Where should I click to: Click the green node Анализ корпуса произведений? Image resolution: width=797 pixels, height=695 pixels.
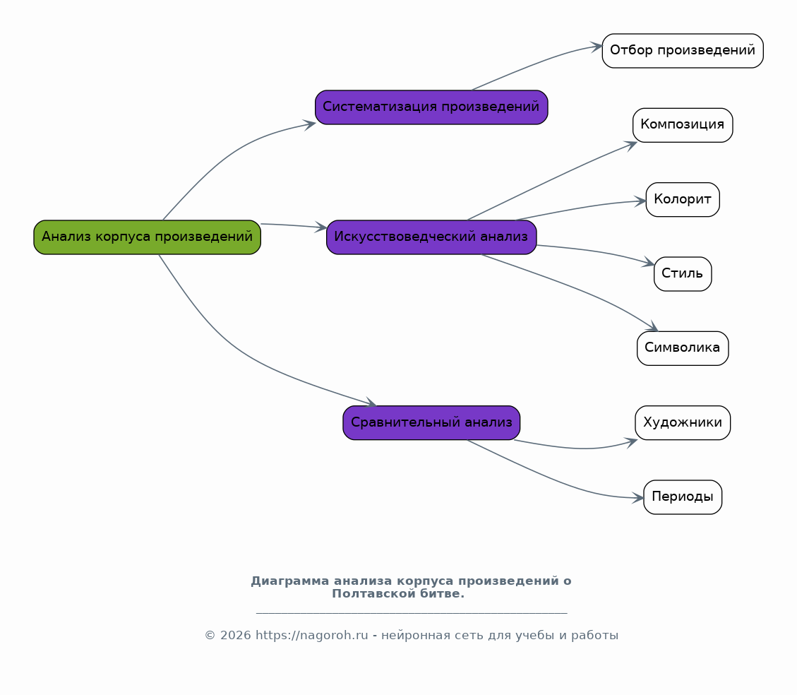[147, 237]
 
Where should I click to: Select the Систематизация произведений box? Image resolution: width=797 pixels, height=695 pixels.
[431, 107]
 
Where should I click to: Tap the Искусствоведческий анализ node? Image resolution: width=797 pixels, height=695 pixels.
[431, 237]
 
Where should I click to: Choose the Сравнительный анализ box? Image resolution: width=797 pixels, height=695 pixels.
[431, 422]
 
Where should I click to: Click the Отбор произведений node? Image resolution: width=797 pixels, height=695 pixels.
[683, 51]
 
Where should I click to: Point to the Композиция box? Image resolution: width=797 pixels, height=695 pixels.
[683, 125]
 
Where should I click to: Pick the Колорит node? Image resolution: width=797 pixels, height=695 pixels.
[683, 199]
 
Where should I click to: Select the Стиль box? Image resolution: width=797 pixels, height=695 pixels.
[683, 273]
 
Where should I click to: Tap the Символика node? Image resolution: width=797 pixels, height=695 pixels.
[683, 348]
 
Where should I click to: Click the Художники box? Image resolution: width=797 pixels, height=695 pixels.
[683, 422]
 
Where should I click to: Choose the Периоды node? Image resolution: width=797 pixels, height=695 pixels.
[683, 497]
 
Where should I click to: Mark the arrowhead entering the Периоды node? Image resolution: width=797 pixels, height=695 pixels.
[638, 498]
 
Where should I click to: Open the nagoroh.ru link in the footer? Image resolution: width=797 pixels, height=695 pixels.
[311, 636]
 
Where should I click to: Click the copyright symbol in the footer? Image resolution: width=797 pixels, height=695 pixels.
[210, 636]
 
